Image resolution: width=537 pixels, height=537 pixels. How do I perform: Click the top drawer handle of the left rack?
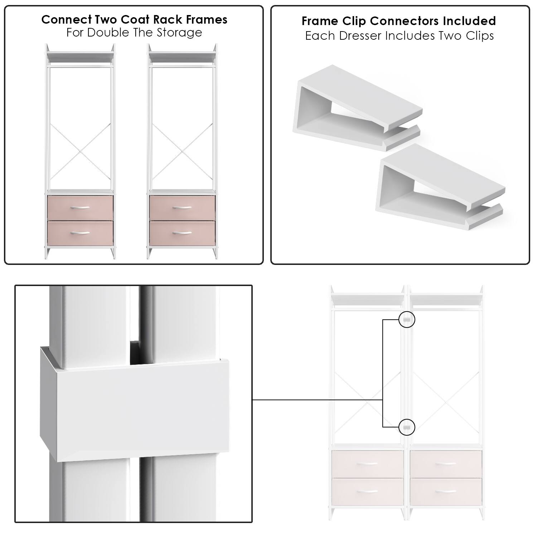(81, 208)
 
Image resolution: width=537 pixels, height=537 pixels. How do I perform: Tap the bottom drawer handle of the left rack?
(81, 233)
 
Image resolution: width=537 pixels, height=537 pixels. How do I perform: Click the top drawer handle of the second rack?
(183, 208)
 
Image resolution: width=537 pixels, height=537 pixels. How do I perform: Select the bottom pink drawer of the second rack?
(183, 233)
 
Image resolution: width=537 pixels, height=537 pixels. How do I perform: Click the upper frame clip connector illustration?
(358, 107)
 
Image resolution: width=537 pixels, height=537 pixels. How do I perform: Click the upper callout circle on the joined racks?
(406, 320)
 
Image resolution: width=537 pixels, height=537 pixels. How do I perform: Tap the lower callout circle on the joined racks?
(406, 427)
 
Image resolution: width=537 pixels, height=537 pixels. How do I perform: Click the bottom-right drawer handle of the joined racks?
(446, 492)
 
